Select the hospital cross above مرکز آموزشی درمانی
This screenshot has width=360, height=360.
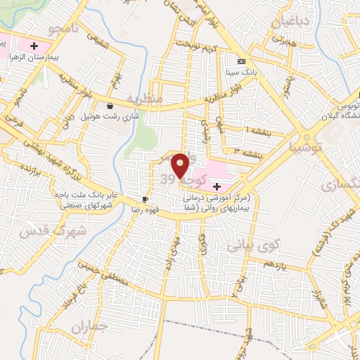click(217, 186)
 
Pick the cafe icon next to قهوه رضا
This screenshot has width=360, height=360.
click(146, 200)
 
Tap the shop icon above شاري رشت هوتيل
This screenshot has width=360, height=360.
click(110, 106)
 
